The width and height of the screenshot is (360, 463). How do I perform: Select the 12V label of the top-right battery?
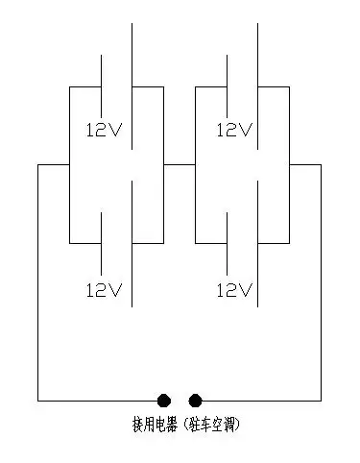pyautogui.click(x=234, y=130)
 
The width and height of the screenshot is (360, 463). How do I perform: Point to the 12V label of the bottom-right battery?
pyautogui.click(x=234, y=289)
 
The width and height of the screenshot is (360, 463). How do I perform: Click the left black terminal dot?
pyautogui.click(x=164, y=400)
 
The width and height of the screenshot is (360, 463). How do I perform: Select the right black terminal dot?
pyautogui.click(x=196, y=400)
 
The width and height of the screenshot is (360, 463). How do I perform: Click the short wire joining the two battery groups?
pyautogui.click(x=179, y=165)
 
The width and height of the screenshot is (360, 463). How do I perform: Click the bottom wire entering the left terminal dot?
pyautogui.click(x=96, y=400)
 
